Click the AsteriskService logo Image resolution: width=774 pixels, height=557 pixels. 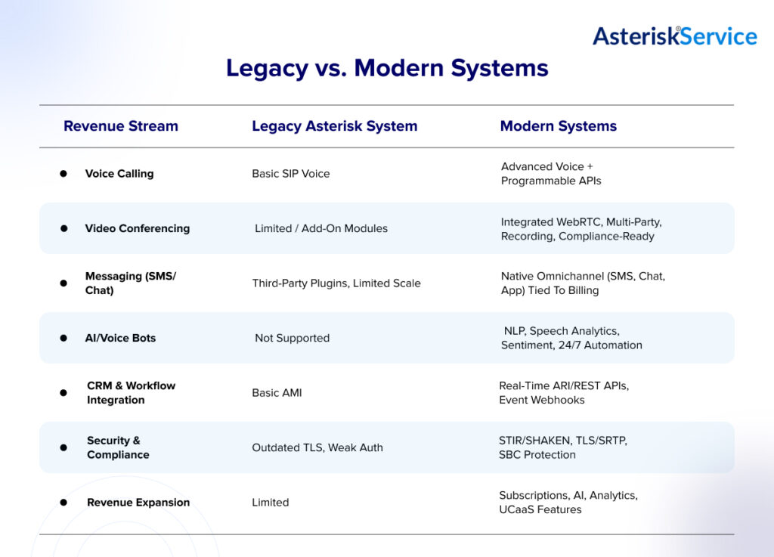pos(674,36)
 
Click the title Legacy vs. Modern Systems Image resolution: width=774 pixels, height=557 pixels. pos(387,68)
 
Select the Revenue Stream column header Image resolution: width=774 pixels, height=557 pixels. pos(121,126)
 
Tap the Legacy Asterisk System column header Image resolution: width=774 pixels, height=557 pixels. pos(334,126)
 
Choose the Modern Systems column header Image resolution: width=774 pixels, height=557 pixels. pos(558,126)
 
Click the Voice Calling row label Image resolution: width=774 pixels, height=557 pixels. pos(119,174)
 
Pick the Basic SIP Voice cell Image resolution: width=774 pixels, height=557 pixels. pos(291,174)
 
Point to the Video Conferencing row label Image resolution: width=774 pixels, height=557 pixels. pos(137,228)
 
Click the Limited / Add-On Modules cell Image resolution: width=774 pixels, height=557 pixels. pos(321,228)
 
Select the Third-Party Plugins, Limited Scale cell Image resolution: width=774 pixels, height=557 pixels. pos(336,283)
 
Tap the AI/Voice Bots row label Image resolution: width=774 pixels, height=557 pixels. pos(120,338)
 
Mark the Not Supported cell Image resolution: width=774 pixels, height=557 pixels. pos(292,338)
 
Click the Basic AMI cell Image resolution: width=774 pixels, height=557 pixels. pos(277,393)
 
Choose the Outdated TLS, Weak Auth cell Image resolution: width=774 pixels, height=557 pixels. pos(317,447)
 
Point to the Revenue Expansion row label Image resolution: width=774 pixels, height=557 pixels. pos(138,503)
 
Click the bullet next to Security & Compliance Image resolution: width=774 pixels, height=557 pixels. pos(63,447)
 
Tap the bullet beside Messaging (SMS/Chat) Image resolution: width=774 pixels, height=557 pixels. pos(63,283)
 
